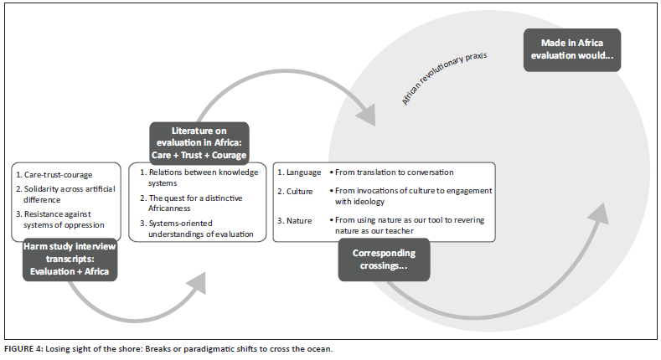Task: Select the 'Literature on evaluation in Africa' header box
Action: click(199, 143)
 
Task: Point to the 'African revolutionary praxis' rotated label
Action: click(444, 80)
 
